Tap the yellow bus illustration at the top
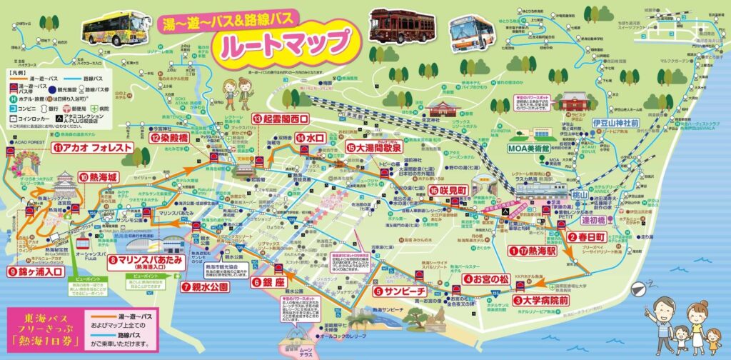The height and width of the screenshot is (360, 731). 114,29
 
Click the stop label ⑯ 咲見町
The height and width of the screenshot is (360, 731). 448,189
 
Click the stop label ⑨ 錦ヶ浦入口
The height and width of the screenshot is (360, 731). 36,271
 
